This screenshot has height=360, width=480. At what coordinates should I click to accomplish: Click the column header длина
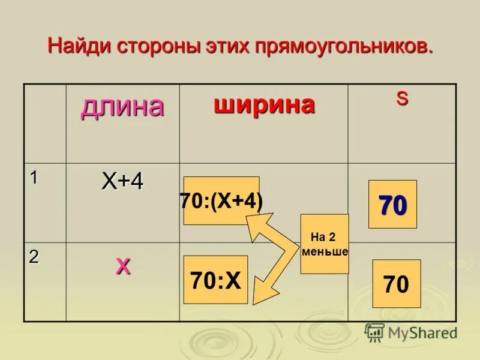[122, 107]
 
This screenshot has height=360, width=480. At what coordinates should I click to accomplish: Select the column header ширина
[264, 106]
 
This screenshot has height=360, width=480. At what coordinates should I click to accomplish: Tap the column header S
[401, 99]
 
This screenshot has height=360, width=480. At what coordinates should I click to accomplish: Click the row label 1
[34, 177]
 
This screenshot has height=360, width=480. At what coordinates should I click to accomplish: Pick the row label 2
[34, 257]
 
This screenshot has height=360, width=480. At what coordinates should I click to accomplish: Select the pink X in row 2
[122, 266]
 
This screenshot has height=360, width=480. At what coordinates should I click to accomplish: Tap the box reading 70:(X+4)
[221, 201]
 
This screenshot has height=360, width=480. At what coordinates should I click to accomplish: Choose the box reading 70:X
[215, 280]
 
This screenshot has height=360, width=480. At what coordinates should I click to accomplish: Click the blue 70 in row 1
[392, 205]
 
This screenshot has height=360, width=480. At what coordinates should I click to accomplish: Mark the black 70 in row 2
[396, 284]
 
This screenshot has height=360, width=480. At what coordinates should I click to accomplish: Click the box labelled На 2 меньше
[325, 244]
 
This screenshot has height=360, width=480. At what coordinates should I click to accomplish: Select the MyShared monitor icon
[374, 332]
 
